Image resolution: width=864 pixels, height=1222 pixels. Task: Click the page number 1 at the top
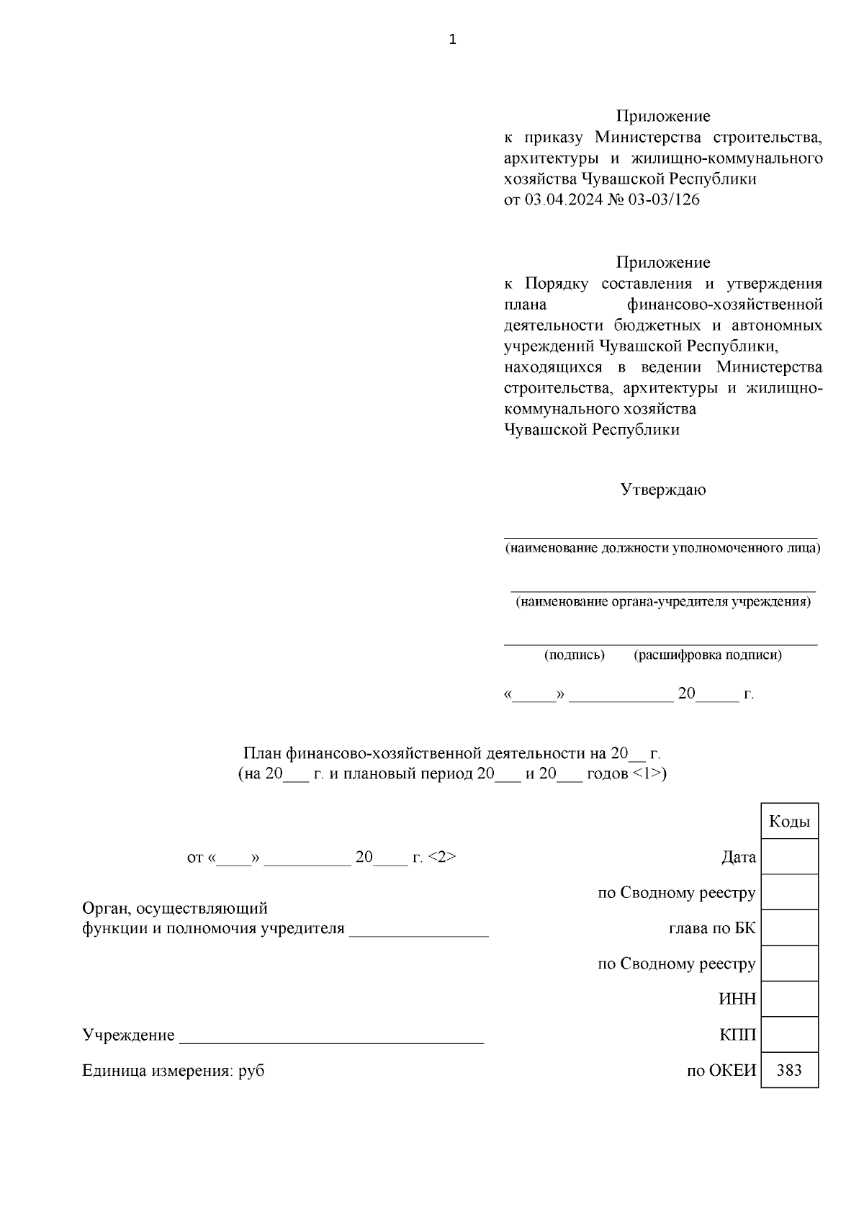(452, 40)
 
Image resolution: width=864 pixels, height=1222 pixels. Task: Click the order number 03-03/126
(664, 200)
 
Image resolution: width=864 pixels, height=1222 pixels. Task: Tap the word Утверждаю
(663, 490)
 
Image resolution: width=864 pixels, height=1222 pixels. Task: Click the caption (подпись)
(574, 655)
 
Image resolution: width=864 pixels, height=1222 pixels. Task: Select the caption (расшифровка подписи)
(708, 655)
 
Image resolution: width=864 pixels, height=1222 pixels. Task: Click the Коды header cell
(789, 822)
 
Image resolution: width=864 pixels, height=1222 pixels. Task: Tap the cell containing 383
(789, 1070)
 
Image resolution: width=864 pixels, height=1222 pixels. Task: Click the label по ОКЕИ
(721, 1071)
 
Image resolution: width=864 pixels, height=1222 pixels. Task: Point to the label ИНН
(737, 999)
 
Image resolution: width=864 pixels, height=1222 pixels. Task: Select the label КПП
(738, 1035)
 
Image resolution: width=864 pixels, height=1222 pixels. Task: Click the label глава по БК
(712, 928)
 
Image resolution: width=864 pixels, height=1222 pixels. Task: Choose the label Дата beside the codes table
(739, 858)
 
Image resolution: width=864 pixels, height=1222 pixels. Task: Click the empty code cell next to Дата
(789, 857)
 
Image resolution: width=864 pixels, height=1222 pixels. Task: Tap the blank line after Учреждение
(331, 1037)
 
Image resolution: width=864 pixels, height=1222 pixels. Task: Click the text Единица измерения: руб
(174, 1071)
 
